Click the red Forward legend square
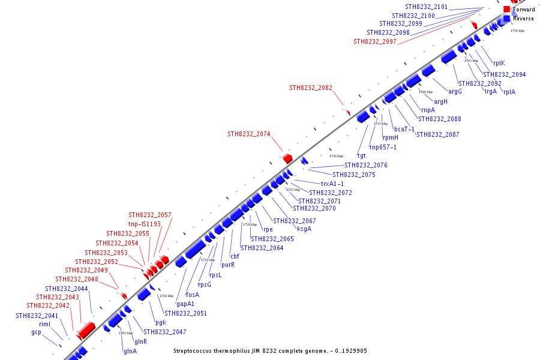(x=507, y=10)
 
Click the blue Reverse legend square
(x=507, y=19)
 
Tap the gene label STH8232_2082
(x=310, y=88)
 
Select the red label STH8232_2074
(x=248, y=134)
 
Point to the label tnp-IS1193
(x=145, y=224)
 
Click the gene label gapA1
(x=185, y=304)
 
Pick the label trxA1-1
(x=332, y=184)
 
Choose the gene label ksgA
(x=304, y=229)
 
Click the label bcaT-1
(x=404, y=129)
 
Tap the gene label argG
(x=455, y=92)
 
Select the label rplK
(x=499, y=63)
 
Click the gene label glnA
(x=130, y=351)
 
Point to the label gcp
(x=37, y=332)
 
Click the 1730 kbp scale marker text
(x=336, y=156)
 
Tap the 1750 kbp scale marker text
(x=517, y=31)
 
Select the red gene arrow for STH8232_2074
(x=287, y=158)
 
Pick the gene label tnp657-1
(x=383, y=147)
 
